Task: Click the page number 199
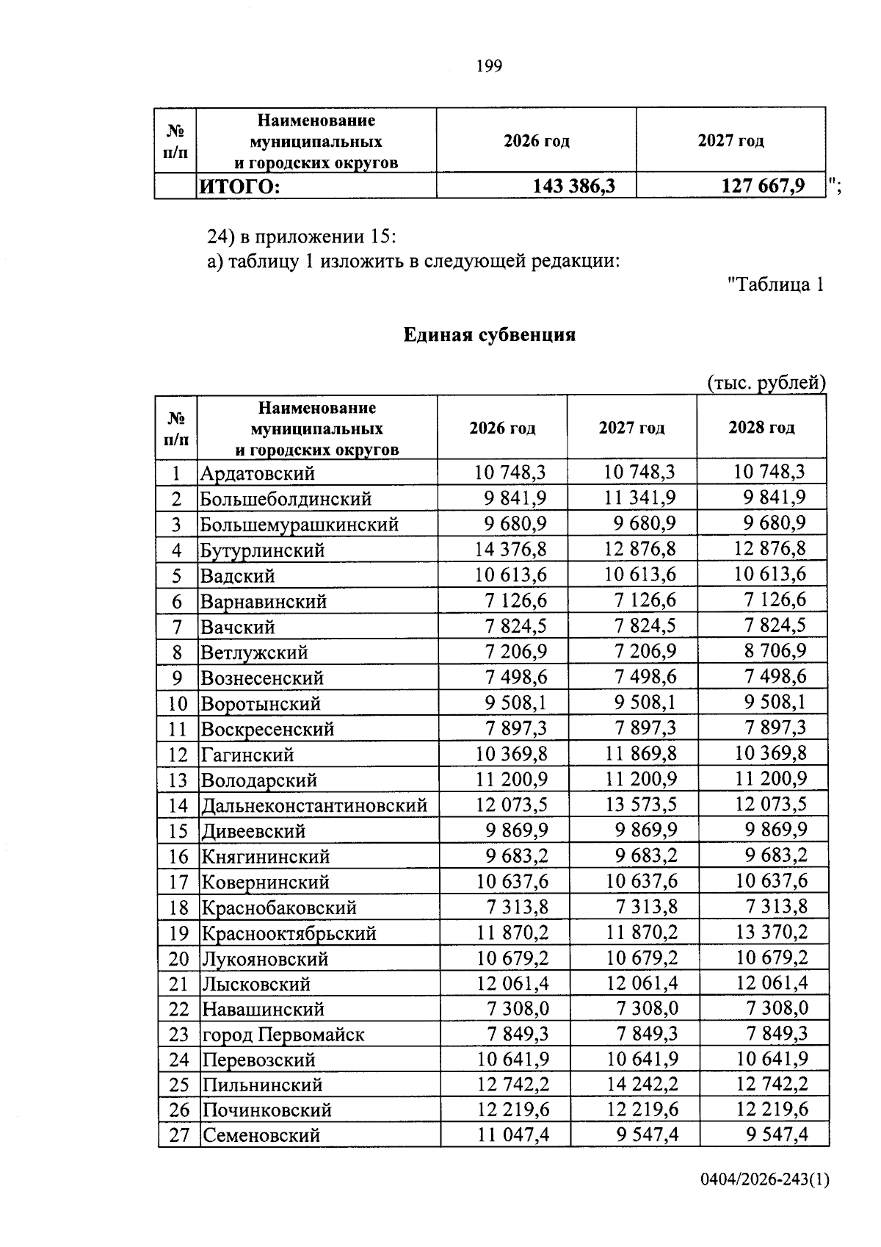click(489, 67)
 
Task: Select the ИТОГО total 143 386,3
click(573, 187)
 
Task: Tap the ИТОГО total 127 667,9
click(763, 187)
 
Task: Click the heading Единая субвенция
click(489, 335)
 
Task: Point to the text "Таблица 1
click(775, 284)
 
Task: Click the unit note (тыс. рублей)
click(766, 383)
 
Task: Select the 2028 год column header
click(761, 428)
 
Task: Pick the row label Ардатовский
click(258, 473)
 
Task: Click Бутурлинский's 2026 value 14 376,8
click(511, 549)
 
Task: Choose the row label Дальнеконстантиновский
click(314, 805)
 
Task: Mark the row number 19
click(178, 933)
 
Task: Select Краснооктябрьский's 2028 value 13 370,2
click(771, 932)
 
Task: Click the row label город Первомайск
click(283, 1035)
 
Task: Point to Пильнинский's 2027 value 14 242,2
click(640, 1085)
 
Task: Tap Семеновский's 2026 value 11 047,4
click(512, 1135)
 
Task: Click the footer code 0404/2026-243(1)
click(764, 1200)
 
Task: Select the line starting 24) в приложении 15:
click(301, 237)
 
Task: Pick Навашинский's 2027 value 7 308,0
click(647, 1009)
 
